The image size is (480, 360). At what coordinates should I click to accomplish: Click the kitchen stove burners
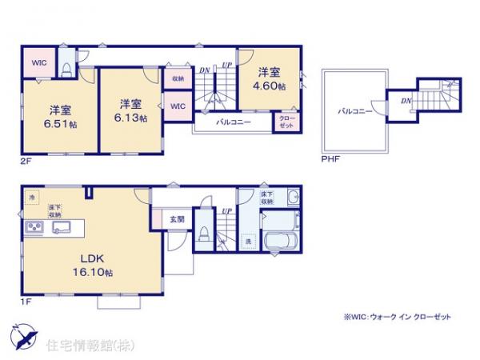[x=35, y=228]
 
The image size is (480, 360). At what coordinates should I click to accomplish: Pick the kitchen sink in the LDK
[x=60, y=228]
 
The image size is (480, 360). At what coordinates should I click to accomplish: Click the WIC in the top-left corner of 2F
[x=38, y=62]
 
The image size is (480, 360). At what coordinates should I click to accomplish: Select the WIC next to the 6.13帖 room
[x=178, y=105]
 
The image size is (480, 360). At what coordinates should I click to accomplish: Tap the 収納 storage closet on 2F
[x=177, y=78]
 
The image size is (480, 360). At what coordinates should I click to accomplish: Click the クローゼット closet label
[x=286, y=121]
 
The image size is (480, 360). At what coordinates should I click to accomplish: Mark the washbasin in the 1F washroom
[x=293, y=200]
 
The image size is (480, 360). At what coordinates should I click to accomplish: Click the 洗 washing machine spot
[x=248, y=240]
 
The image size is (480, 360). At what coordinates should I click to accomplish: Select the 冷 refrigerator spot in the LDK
[x=33, y=197]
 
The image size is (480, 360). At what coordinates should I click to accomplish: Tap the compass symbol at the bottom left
[x=23, y=337]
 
